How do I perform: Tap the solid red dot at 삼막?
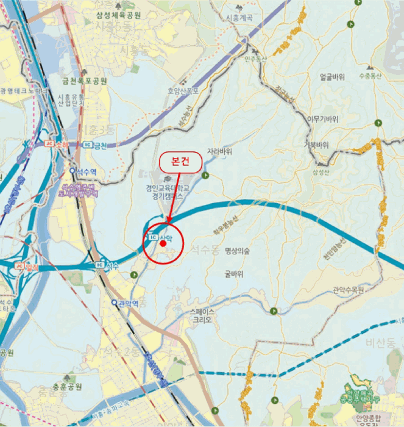[163, 243]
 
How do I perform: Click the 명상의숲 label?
[238, 250]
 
